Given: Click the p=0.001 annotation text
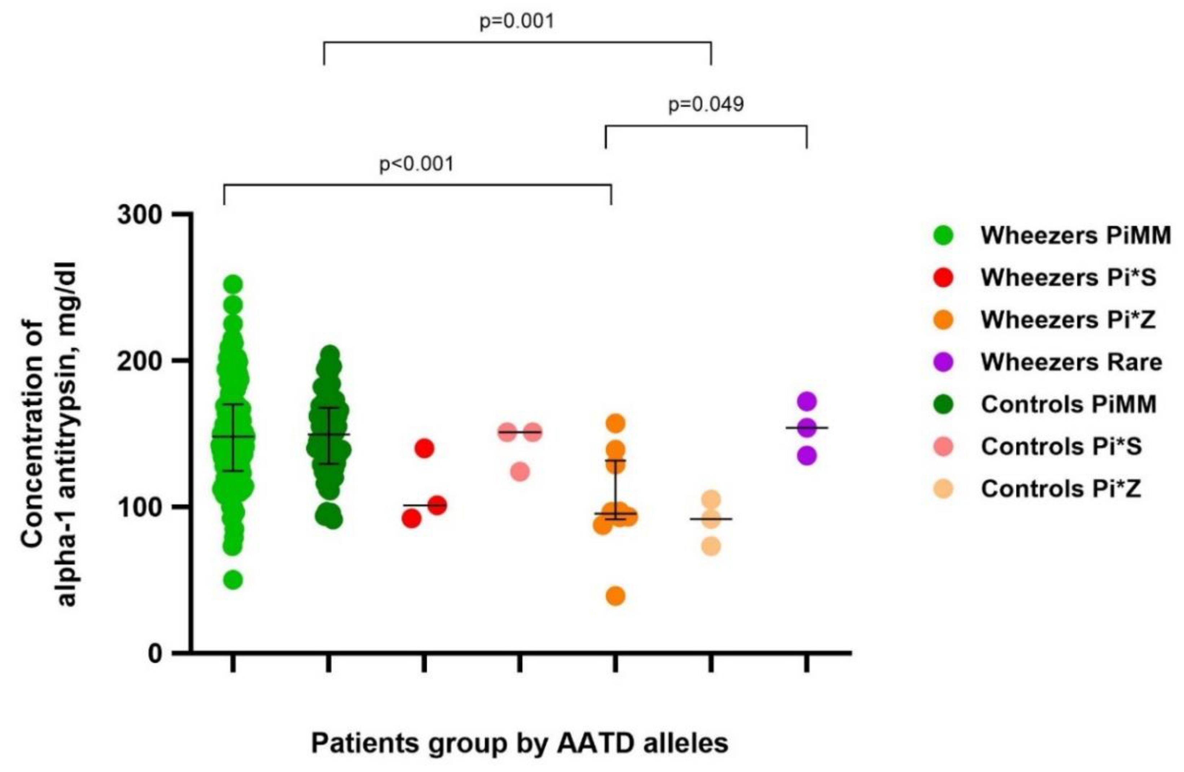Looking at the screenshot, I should tap(516, 22).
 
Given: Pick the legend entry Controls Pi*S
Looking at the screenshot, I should tap(1061, 446).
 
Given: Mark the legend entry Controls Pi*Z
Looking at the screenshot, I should tap(1061, 489).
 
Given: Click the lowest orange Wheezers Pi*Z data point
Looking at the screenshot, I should tap(615, 596).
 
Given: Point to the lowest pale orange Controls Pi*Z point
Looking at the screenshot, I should tap(711, 546).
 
